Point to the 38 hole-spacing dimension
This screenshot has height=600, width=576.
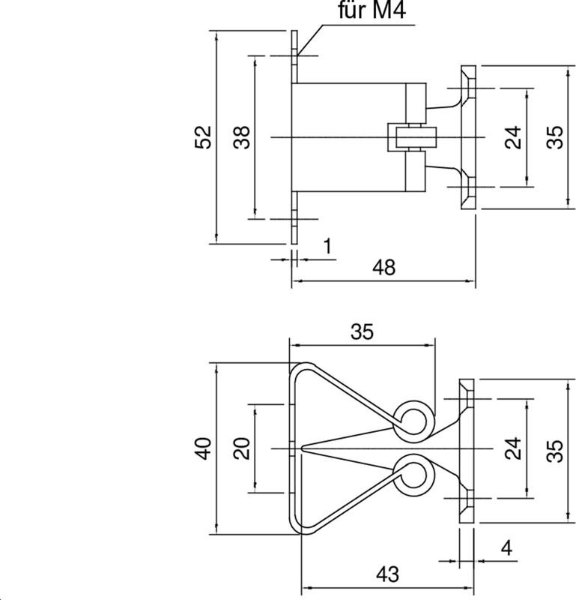(241, 137)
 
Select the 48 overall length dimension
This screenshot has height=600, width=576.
(384, 268)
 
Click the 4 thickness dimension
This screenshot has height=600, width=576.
(506, 547)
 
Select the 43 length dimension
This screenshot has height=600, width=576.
(386, 574)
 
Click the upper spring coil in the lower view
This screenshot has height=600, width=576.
(413, 418)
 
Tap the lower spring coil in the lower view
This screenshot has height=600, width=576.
(413, 476)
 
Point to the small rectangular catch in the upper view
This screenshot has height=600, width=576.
(410, 137)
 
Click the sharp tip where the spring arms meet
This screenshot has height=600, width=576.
(302, 448)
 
